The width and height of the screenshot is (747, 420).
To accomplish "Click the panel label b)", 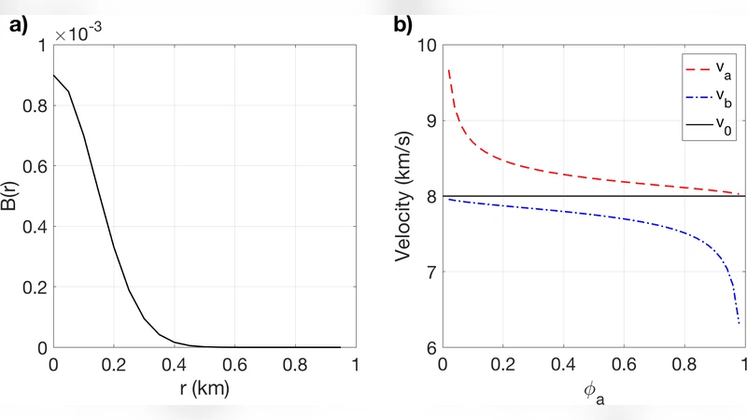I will click(x=403, y=26).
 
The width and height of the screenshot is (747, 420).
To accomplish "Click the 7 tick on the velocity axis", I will click(x=430, y=272).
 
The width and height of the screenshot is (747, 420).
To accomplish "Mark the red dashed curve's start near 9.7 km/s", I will click(x=449, y=70).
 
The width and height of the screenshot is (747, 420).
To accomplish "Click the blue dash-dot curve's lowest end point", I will click(x=739, y=323).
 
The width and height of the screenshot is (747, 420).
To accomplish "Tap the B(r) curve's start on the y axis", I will click(x=53, y=76).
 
